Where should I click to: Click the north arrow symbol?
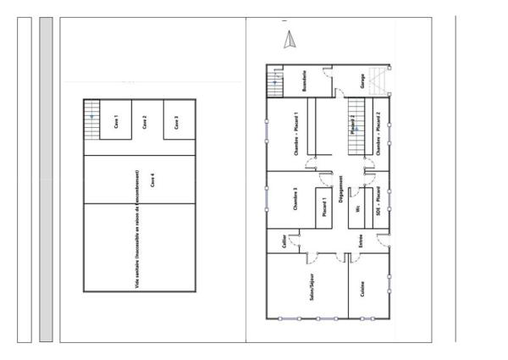tap(288, 38)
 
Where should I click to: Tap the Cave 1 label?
tap(116, 122)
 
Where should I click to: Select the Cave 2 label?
tap(145, 122)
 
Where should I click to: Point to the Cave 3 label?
tap(175, 122)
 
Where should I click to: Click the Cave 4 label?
tap(152, 180)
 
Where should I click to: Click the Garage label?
tap(362, 81)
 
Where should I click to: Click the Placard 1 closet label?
tap(325, 208)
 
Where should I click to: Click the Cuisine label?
tap(362, 290)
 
